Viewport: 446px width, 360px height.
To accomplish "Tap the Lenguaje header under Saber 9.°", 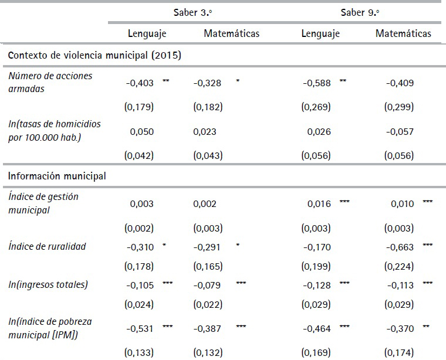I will pyautogui.click(x=320, y=33).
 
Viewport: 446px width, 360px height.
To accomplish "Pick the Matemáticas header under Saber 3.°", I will pyautogui.click(x=231, y=33).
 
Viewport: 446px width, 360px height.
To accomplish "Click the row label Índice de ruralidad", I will pyautogui.click(x=48, y=246).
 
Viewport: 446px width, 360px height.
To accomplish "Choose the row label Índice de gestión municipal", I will pyautogui.click(x=43, y=203).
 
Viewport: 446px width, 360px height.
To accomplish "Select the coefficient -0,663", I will pyautogui.click(x=400, y=247).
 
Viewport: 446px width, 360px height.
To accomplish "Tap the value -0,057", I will pyautogui.click(x=400, y=132).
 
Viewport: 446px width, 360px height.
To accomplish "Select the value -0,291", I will pyautogui.click(x=207, y=247).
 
